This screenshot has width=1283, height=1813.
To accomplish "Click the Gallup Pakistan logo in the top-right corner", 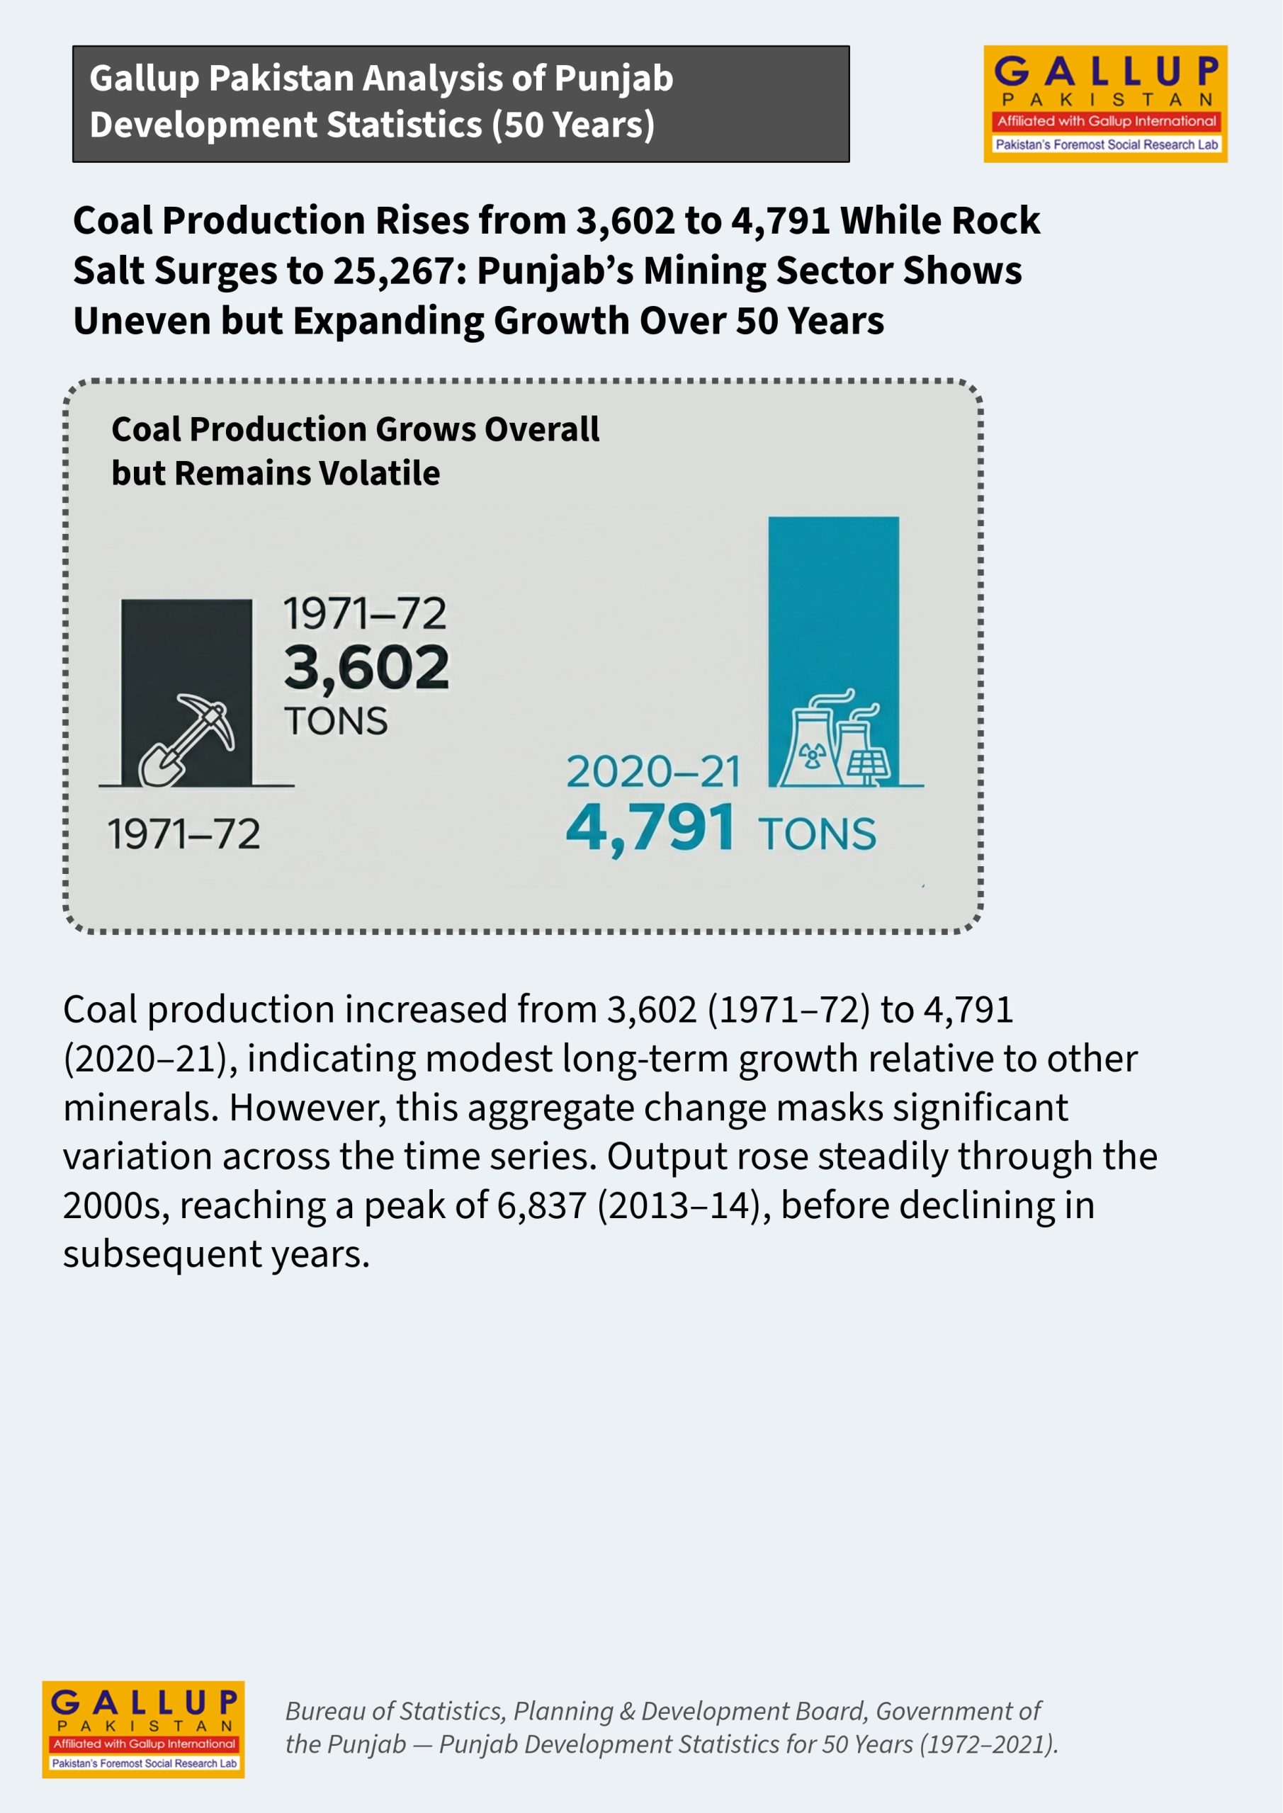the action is (1104, 103).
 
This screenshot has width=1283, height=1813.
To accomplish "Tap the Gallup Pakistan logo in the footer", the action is (143, 1729).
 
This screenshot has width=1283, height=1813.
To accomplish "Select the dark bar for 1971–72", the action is (186, 692).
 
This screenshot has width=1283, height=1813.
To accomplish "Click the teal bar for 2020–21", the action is (833, 652).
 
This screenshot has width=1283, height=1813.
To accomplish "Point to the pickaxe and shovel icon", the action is (186, 740).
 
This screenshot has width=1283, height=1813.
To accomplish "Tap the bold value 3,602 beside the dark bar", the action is (366, 667).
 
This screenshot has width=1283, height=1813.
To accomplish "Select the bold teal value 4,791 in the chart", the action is (651, 829).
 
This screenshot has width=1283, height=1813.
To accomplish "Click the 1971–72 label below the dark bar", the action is (184, 834).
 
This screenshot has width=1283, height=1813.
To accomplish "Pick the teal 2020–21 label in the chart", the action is (653, 771).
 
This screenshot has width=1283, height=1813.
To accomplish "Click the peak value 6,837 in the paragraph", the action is (542, 1205).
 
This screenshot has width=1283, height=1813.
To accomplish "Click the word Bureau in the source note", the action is (324, 1710).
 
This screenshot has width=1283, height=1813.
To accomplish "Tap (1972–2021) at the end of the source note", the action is (989, 1744).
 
